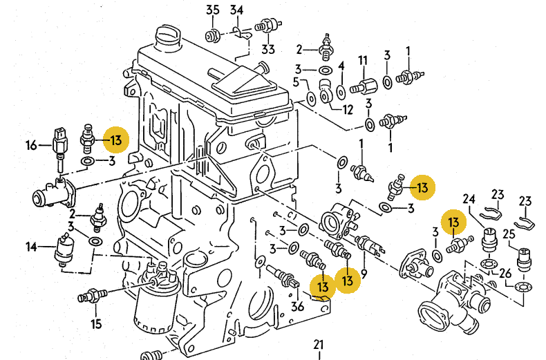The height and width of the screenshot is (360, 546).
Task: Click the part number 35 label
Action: [x=213, y=10]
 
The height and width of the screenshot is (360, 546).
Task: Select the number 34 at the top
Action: [x=237, y=10]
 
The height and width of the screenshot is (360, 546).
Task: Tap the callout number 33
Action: [x=267, y=49]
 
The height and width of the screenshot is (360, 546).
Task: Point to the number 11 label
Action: [x=361, y=61]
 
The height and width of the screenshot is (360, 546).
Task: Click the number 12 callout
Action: [x=348, y=109]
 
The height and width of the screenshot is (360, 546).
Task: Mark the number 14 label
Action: [x=32, y=246]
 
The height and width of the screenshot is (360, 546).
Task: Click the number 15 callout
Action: [x=96, y=323]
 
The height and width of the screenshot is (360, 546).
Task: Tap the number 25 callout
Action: [x=509, y=232]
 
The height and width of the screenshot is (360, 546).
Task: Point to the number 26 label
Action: [x=505, y=272]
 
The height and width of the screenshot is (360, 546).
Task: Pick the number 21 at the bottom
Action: [x=318, y=344]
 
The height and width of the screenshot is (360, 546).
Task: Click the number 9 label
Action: [x=364, y=273]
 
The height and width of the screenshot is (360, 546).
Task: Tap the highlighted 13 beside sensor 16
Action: [x=115, y=140]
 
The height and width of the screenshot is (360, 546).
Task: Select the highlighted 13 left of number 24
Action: [x=453, y=222]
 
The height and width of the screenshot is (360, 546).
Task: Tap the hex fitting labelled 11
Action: [x=360, y=88]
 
